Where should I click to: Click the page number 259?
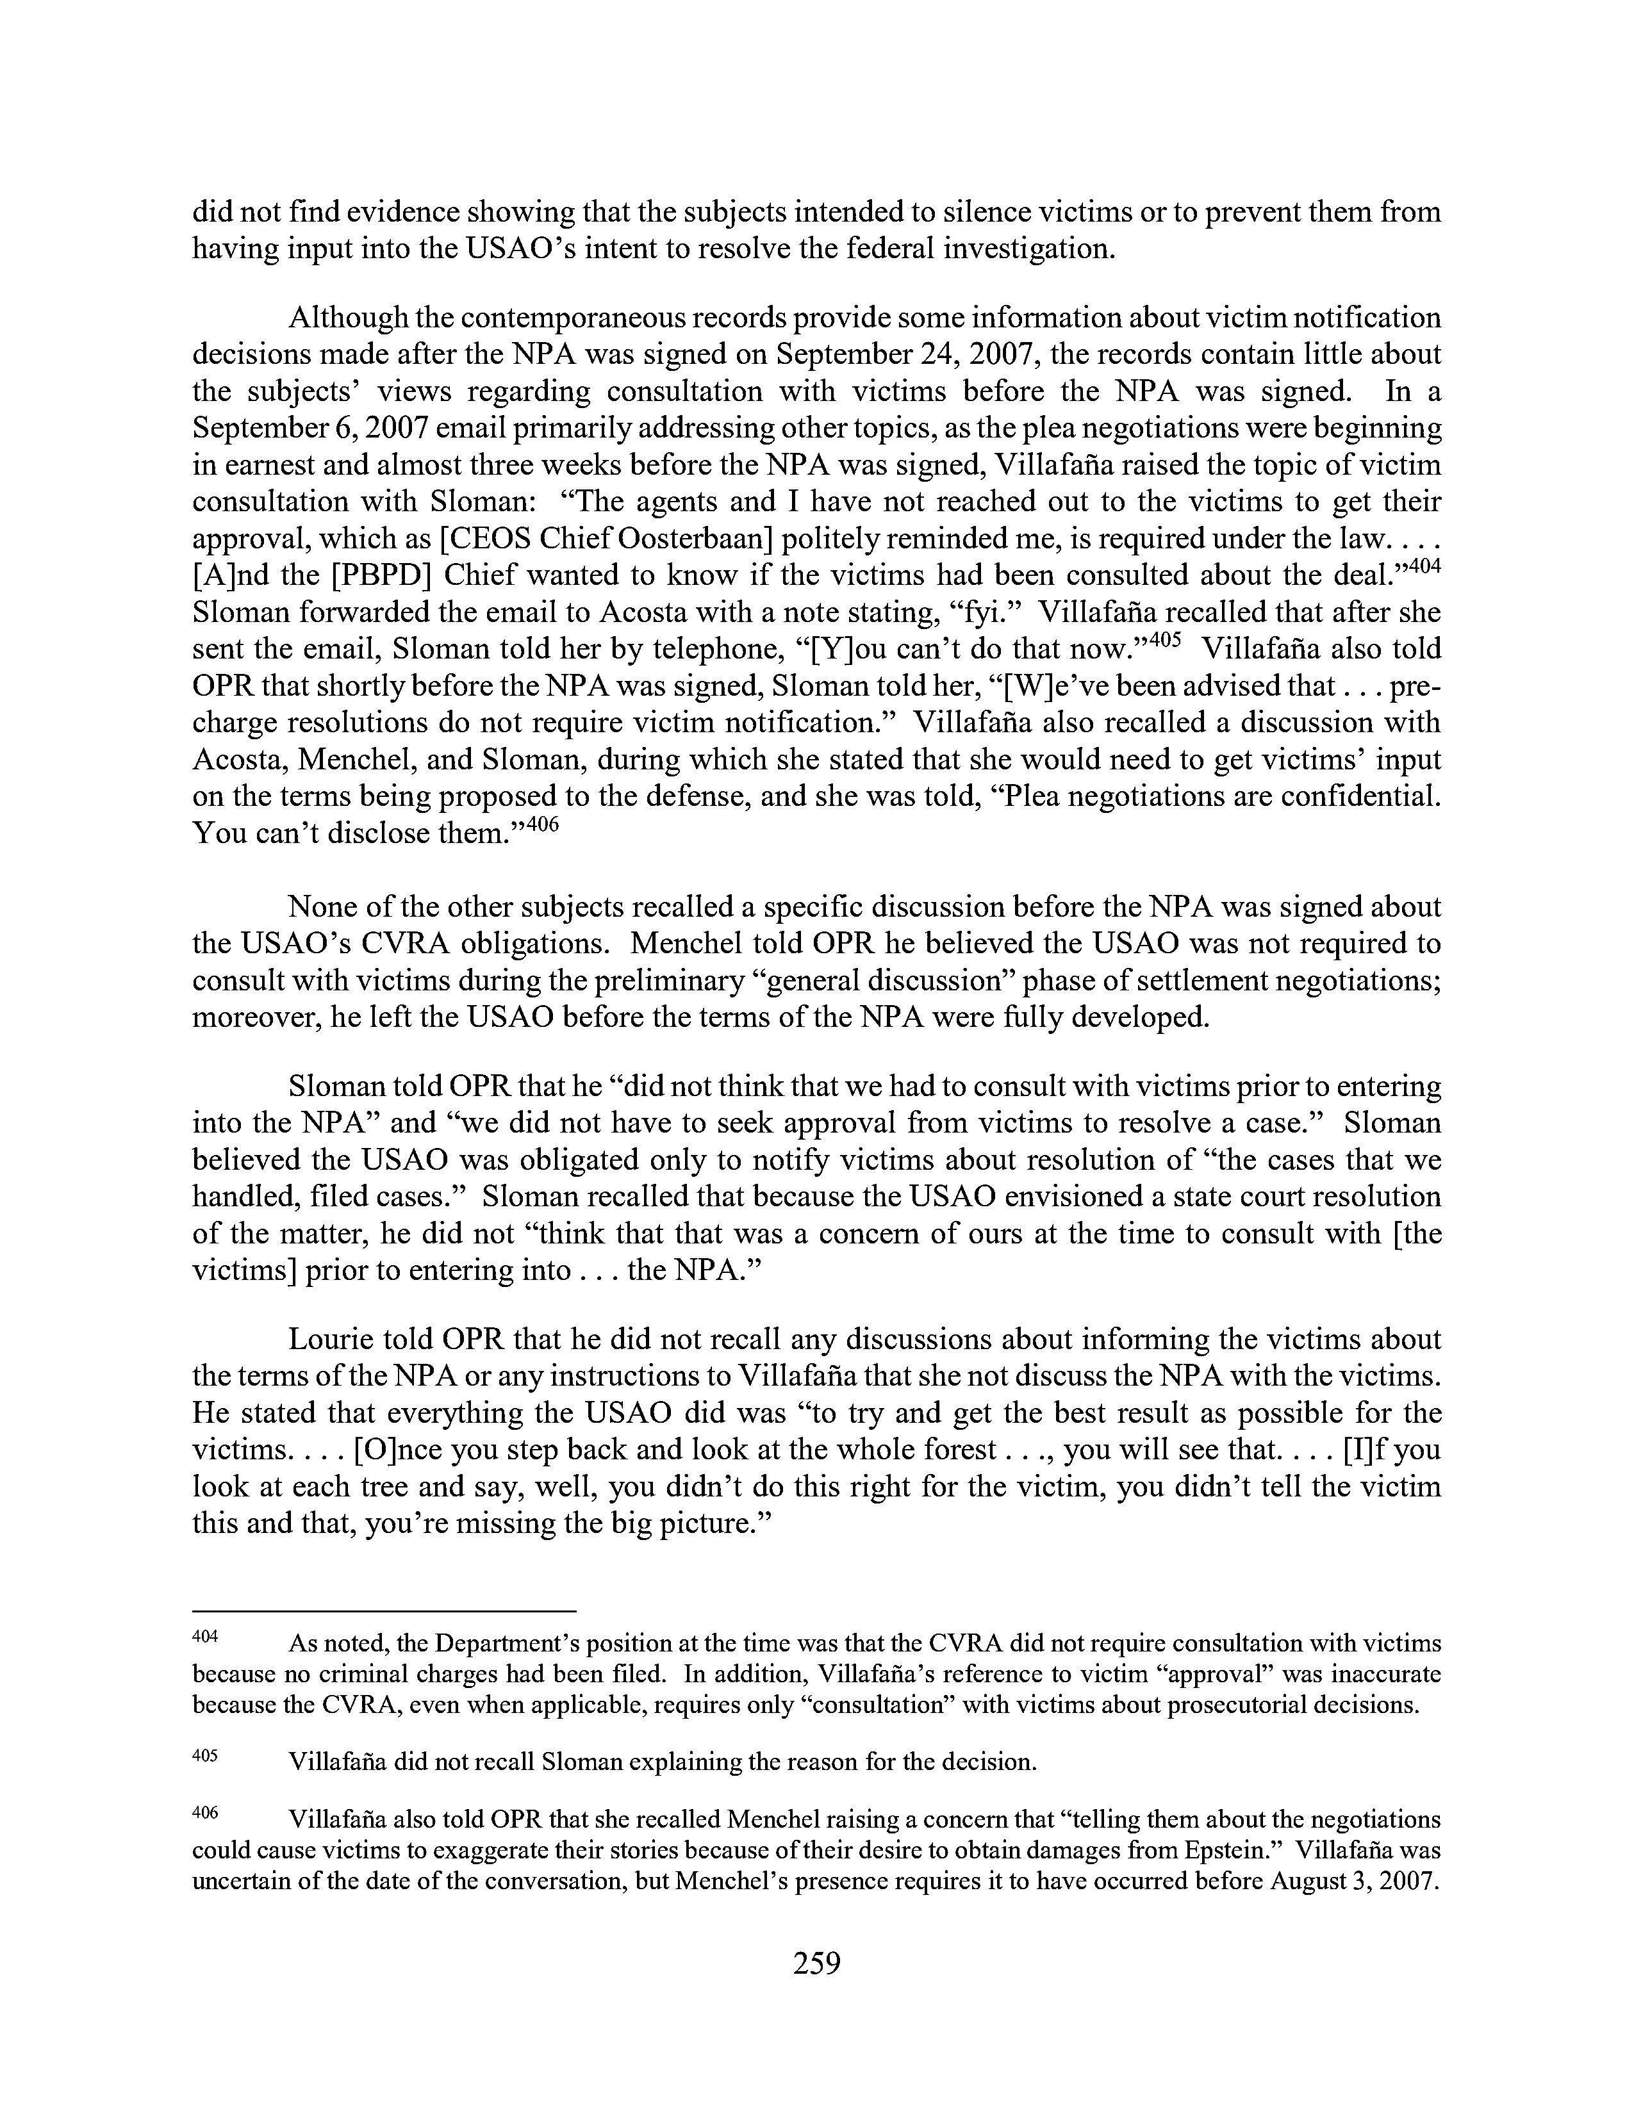[x=816, y=1963]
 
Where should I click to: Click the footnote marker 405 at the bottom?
[x=205, y=1754]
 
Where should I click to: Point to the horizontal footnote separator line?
[x=384, y=1610]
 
